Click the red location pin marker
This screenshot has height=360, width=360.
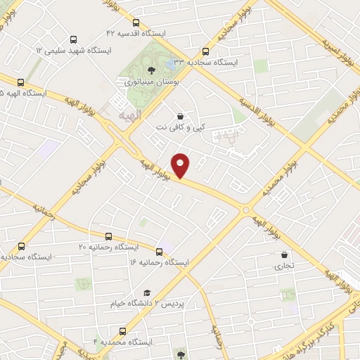(x=181, y=164)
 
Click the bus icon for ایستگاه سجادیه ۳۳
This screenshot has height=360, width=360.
(x=205, y=51)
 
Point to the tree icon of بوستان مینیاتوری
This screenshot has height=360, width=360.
(x=151, y=70)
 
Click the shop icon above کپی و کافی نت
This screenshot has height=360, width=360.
(x=181, y=116)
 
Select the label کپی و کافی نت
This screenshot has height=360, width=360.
(x=180, y=128)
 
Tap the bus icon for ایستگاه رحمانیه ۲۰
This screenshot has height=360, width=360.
(x=21, y=246)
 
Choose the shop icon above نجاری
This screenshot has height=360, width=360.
(x=283, y=255)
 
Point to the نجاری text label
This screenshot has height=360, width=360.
(x=284, y=266)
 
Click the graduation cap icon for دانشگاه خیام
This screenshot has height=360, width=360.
(x=147, y=292)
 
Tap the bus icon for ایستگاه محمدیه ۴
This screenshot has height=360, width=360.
(x=122, y=330)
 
